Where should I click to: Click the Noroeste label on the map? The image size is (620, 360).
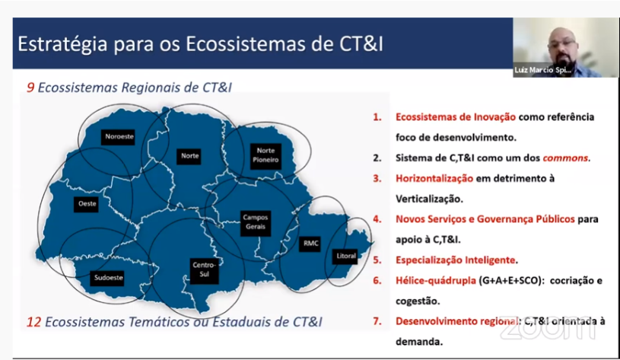119,137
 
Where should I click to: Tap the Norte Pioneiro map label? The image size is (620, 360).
265,155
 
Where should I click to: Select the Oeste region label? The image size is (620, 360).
87,204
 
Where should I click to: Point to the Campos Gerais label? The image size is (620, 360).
256,222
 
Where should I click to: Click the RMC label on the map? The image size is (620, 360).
310,244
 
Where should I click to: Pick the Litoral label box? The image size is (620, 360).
345,256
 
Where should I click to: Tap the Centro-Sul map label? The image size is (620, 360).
204,269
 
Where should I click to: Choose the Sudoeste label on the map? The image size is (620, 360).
108,278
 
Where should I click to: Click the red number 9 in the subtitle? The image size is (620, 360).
30,88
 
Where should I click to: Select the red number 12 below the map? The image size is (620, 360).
33,322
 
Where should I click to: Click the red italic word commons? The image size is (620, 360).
565,158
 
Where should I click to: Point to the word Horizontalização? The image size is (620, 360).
434,178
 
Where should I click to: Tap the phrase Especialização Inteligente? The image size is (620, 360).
456,260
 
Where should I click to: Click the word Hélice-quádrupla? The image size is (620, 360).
436,281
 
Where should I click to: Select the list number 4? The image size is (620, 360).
377,219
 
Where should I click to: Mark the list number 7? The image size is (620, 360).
377,321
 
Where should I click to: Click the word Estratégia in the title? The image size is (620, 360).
62,44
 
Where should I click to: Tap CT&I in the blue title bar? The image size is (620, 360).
361,44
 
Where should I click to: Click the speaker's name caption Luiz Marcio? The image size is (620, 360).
542,70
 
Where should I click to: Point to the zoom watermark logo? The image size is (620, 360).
548,330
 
